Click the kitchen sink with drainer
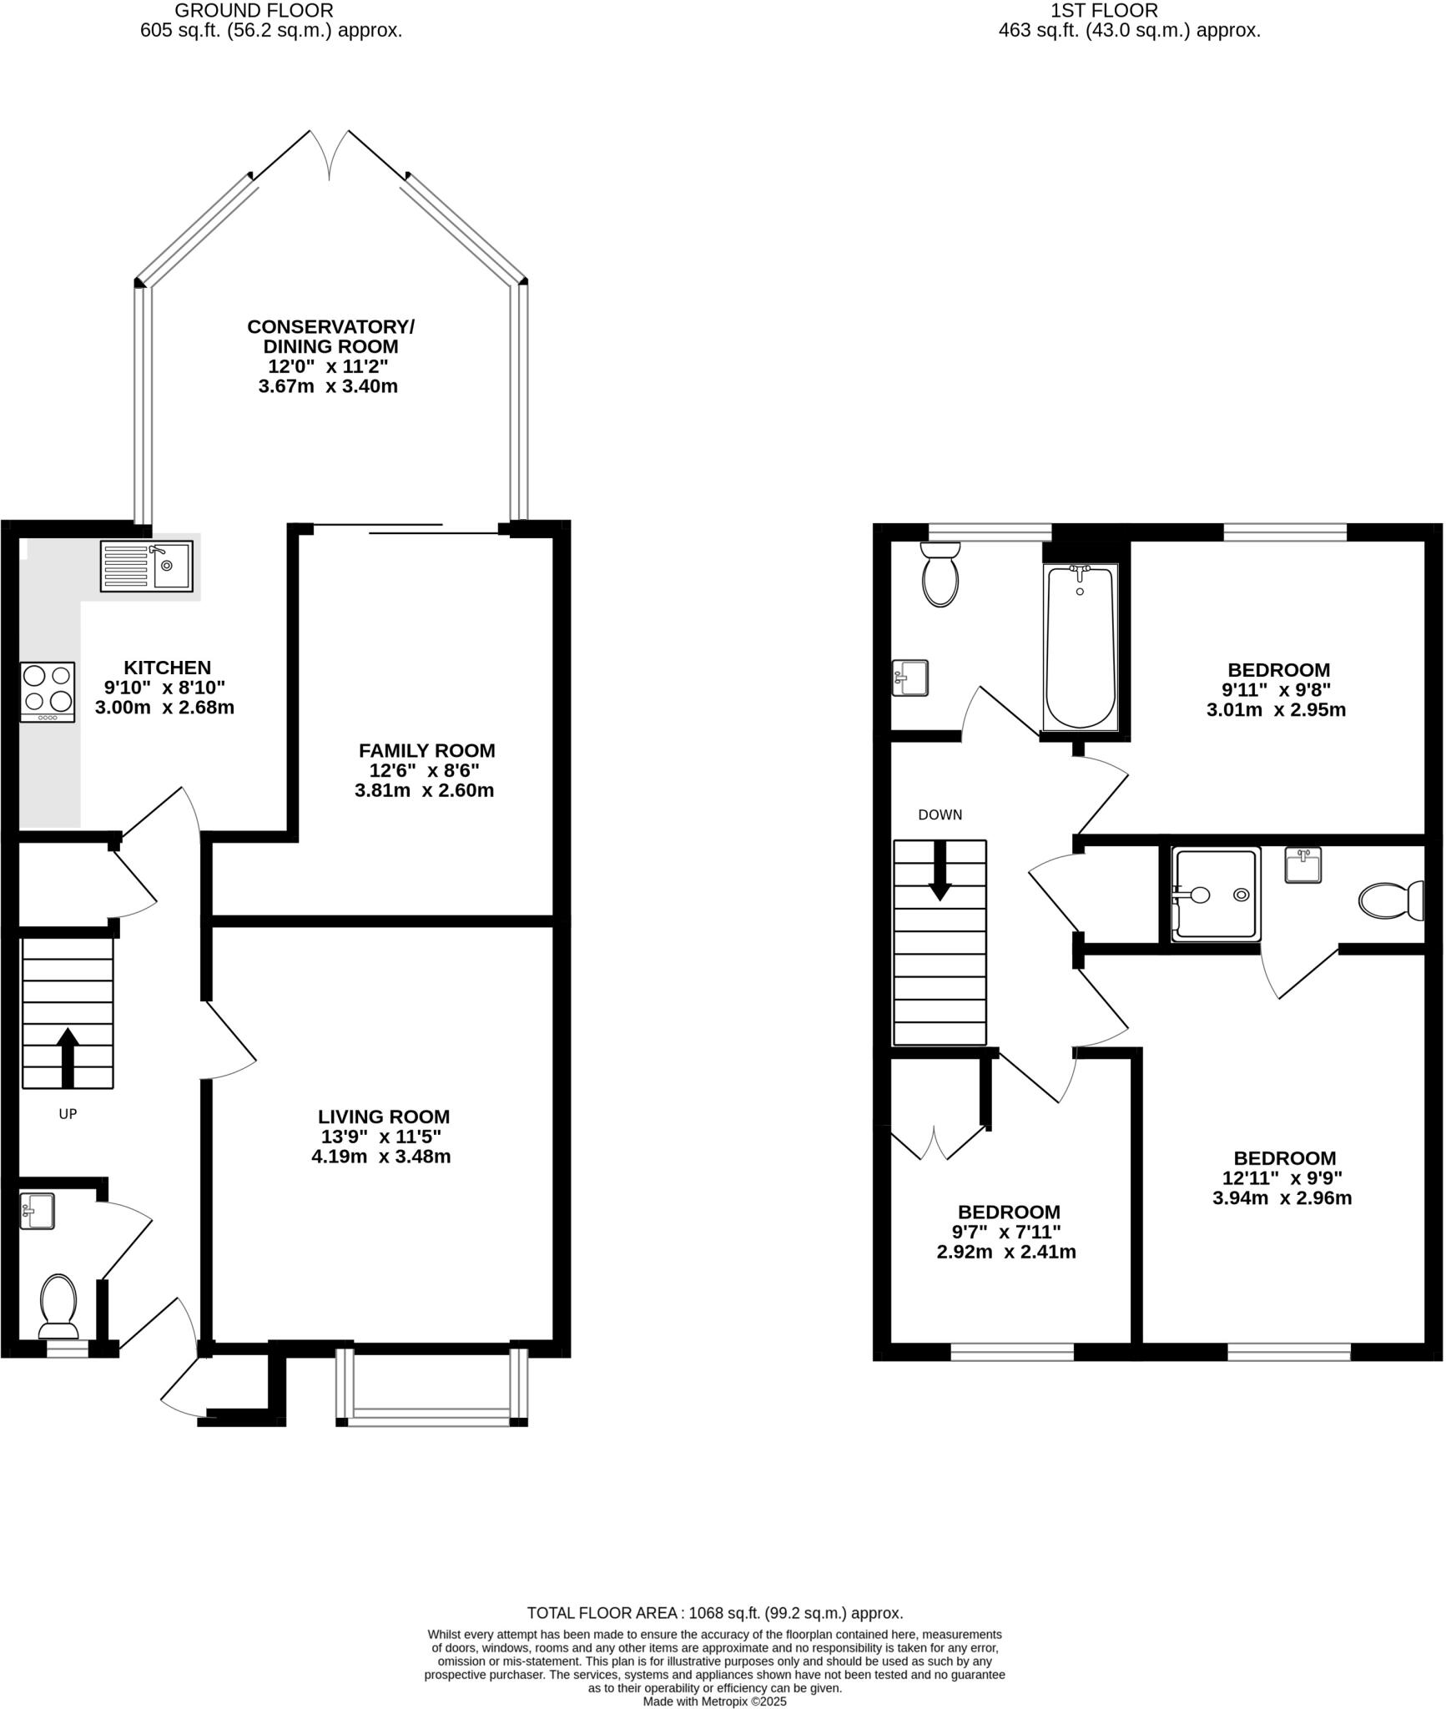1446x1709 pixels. click(x=146, y=566)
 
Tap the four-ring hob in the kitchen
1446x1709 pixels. click(x=48, y=692)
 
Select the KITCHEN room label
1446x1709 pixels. click(x=167, y=668)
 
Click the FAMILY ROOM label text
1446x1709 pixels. click(x=426, y=750)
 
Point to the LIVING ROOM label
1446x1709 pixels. click(x=383, y=1117)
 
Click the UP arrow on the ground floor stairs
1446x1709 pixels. click(x=68, y=1056)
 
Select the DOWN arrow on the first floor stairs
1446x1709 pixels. click(x=940, y=871)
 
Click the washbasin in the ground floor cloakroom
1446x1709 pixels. click(x=38, y=1211)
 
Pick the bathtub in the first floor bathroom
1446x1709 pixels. click(x=1081, y=647)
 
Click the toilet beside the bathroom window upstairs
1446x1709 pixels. click(x=940, y=575)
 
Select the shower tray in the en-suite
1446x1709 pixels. click(x=1216, y=895)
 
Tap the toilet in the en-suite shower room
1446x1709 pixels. click(x=1390, y=900)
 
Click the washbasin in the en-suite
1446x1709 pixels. click(x=1302, y=865)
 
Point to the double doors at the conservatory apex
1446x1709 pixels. click(x=330, y=154)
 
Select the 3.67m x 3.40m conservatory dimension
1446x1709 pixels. click(x=328, y=386)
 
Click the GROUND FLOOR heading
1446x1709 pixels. click(x=254, y=11)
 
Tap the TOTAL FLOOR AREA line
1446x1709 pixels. click(x=714, y=1613)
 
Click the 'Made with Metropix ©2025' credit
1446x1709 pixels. click(x=714, y=1701)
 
